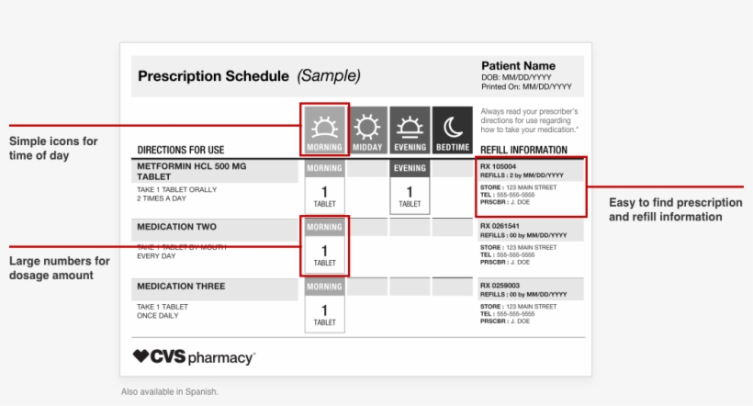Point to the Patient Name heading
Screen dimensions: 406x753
point(518,66)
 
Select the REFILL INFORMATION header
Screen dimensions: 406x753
point(523,150)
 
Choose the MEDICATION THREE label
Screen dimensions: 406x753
point(181,287)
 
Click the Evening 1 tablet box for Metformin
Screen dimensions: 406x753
point(410,196)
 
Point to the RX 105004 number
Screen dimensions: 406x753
point(499,166)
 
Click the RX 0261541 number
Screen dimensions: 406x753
point(500,226)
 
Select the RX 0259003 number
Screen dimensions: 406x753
point(500,286)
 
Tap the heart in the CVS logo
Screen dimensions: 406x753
point(140,356)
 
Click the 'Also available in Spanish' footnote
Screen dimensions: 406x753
point(170,391)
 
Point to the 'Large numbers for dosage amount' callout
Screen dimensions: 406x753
point(60,268)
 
